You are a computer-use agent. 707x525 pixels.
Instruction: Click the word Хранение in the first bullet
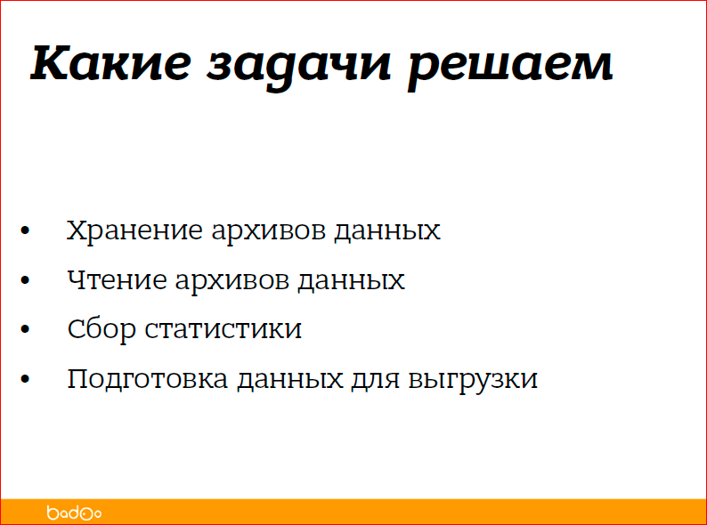pyautogui.click(x=134, y=230)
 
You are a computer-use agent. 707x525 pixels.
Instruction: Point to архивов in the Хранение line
pyautogui.click(x=269, y=230)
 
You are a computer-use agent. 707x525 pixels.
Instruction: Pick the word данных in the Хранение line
pyautogui.click(x=387, y=230)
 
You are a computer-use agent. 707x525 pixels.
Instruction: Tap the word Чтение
pyautogui.click(x=117, y=280)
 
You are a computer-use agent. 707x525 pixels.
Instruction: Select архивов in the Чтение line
pyautogui.click(x=233, y=280)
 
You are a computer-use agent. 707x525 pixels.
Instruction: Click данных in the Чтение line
pyautogui.click(x=352, y=280)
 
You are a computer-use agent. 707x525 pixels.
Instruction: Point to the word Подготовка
pyautogui.click(x=148, y=379)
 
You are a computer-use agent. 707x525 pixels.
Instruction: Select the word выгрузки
pyautogui.click(x=474, y=380)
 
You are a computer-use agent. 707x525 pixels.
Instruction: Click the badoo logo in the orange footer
pyautogui.click(x=74, y=513)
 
